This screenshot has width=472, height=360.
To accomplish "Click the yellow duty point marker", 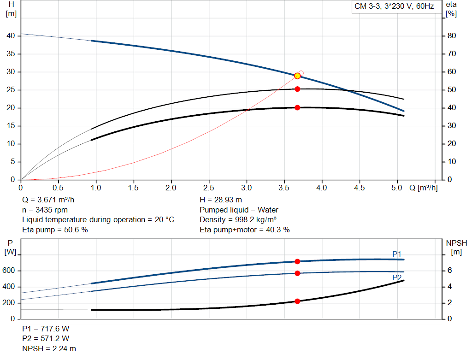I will click(x=297, y=76).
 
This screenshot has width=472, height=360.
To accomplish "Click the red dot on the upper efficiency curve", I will click(x=297, y=89).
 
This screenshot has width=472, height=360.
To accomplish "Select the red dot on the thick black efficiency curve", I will click(x=297, y=107).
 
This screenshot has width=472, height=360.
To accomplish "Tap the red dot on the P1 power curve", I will click(x=297, y=261).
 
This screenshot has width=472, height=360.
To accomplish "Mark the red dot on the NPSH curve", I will click(x=297, y=301).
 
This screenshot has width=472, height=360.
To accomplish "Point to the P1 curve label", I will click(x=397, y=254).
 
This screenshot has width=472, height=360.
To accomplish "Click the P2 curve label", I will click(x=397, y=277).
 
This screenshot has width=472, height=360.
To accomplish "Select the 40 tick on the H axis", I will click(x=12, y=36).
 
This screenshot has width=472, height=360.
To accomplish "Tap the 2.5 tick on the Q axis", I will click(x=209, y=188).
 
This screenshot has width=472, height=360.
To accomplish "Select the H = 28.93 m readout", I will click(x=221, y=200).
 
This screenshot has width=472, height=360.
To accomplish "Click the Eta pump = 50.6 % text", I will click(x=55, y=230).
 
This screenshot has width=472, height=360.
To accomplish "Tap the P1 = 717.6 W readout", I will click(x=46, y=329).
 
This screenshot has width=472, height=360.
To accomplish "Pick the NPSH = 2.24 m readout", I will click(x=49, y=348).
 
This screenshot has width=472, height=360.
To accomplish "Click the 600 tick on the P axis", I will click(x=10, y=271).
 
